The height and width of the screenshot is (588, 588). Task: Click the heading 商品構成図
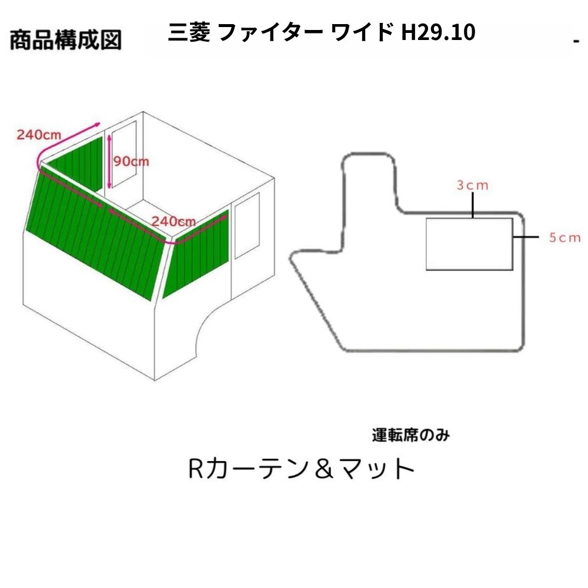(66, 40)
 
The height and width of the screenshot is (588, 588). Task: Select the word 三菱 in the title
(189, 32)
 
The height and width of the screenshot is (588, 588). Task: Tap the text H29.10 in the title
(438, 32)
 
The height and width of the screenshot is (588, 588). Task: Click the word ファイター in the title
(270, 32)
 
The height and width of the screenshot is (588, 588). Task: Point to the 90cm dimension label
(131, 161)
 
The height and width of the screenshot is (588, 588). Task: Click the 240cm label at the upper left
(39, 134)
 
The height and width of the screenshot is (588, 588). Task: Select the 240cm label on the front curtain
(173, 221)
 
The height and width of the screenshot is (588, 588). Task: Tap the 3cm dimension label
(473, 185)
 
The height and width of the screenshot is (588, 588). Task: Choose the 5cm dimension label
(564, 238)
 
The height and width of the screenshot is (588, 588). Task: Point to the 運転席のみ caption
(410, 435)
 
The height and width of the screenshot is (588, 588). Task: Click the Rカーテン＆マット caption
(301, 469)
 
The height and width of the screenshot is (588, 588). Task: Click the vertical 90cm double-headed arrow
(109, 162)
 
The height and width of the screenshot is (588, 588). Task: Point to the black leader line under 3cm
(473, 205)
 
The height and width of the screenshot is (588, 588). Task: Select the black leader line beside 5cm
(526, 237)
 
